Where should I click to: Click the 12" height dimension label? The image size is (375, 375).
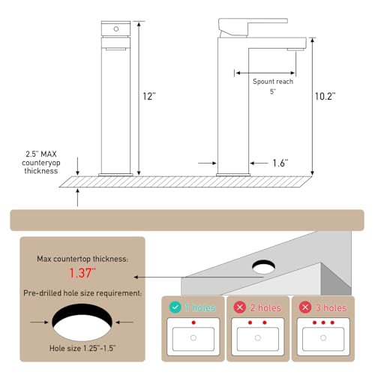coord(149,96)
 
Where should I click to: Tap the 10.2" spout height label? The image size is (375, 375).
coord(325,96)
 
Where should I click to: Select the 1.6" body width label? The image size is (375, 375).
coord(280,163)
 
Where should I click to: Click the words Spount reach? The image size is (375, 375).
coord(273,82)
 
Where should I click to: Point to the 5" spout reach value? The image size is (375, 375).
coord(273,91)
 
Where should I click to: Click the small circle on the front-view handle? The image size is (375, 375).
coord(116,28)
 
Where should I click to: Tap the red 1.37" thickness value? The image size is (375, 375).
coord(82,273)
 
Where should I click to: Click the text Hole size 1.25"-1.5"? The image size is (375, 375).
coord(82,348)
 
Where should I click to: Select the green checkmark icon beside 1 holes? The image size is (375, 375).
coord(175,307)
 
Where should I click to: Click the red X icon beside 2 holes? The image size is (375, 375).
coord(240,307)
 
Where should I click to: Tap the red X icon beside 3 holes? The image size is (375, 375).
coord(305,307)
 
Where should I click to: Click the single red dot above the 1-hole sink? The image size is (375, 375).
coord(193,322)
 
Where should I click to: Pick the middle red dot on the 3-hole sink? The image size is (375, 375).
coord(323,322)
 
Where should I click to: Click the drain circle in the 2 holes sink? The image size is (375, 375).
coord(258,338)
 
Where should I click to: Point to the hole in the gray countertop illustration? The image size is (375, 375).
coord(264,267)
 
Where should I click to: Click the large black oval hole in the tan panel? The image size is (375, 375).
coord(82,312)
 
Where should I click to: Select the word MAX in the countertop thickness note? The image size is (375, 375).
coord(49,154)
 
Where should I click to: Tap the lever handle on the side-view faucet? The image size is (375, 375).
coord(253,27)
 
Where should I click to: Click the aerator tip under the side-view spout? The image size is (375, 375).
coord(295,49)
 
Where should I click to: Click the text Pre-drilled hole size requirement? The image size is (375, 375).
coord(82,293)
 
